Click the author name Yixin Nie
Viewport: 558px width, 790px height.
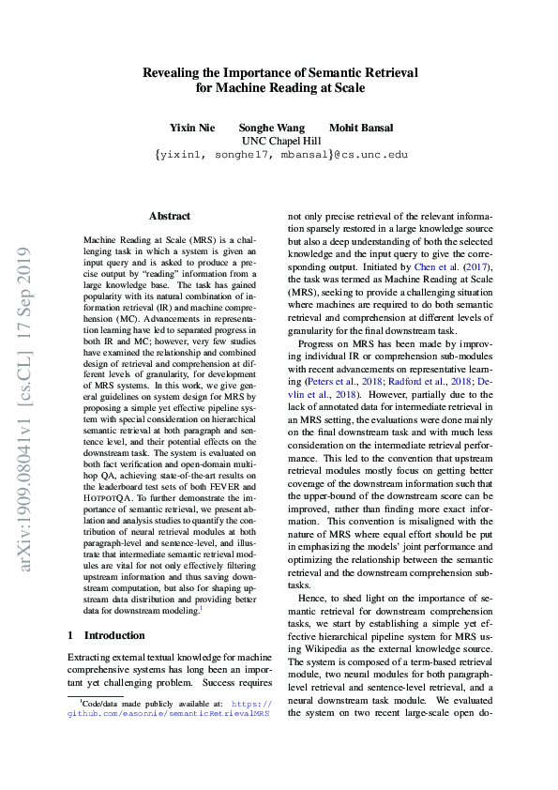192,128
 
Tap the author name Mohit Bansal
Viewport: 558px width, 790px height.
361,128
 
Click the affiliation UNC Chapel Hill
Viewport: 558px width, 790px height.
280,141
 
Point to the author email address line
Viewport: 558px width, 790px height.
280,155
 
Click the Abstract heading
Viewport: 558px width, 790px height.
169,216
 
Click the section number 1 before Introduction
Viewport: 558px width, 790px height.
71,635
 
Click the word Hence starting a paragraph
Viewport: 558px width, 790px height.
312,597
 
